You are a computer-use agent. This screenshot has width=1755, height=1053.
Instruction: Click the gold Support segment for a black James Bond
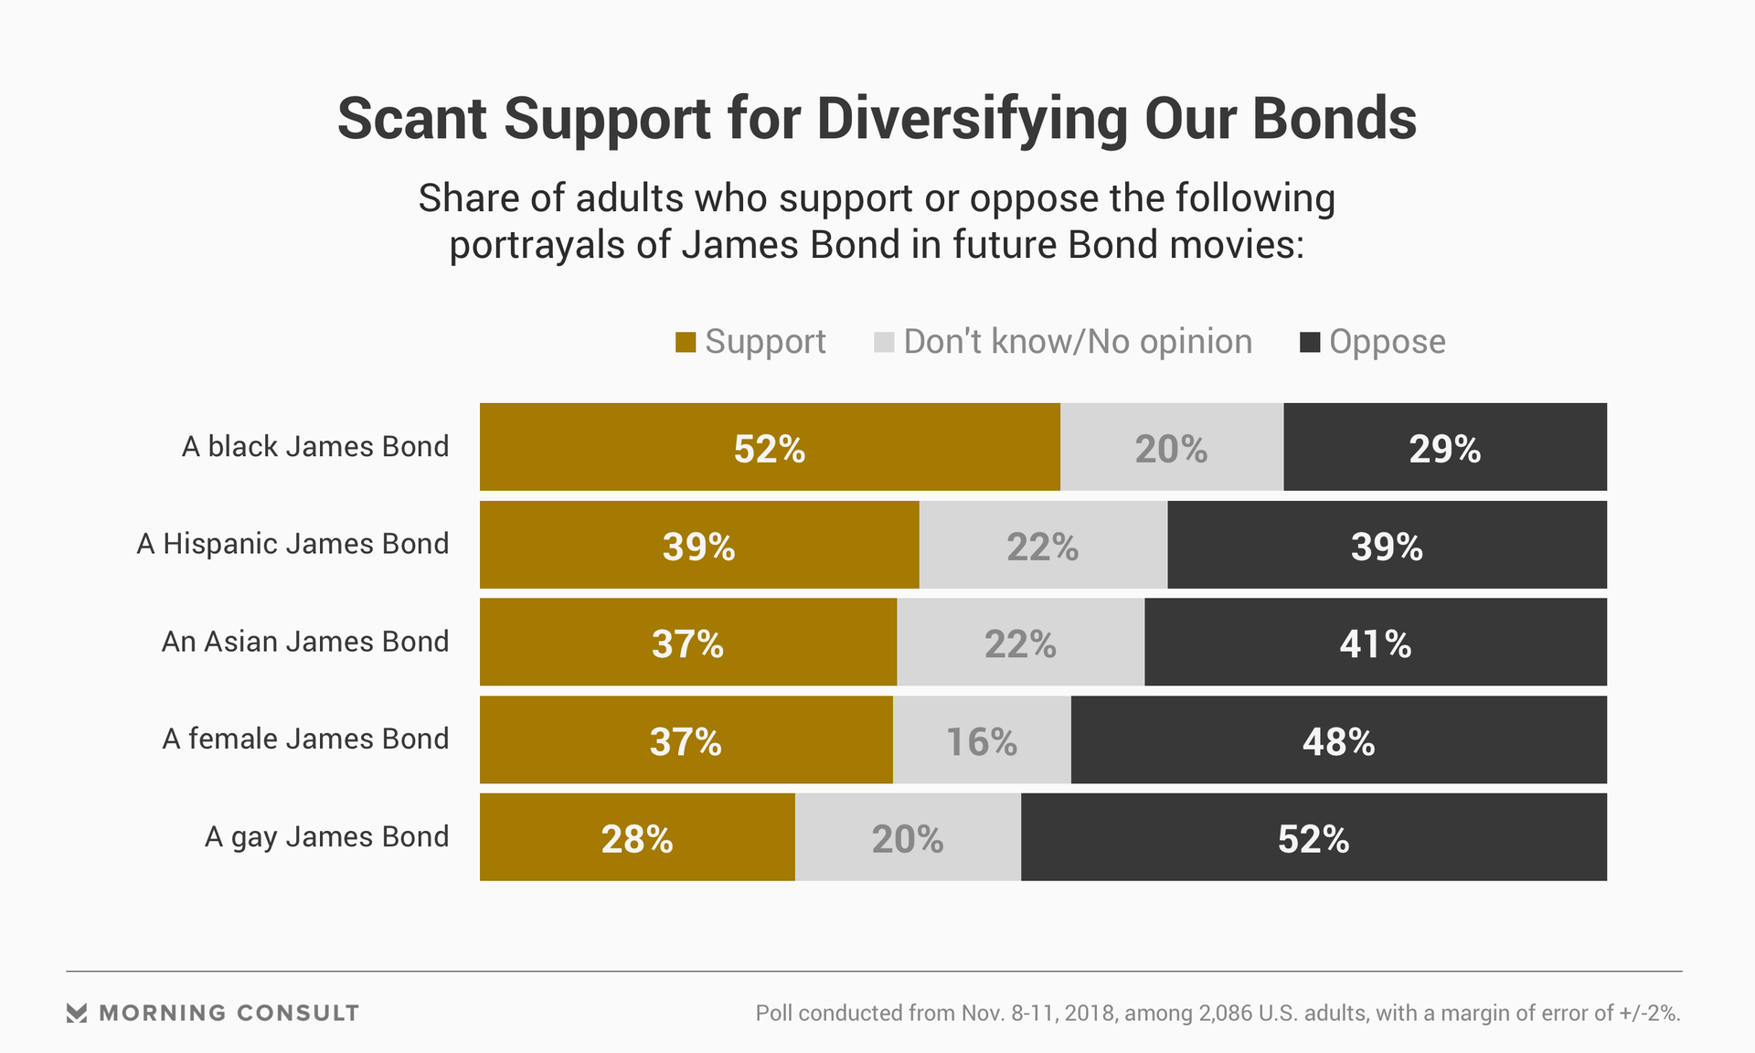pos(770,447)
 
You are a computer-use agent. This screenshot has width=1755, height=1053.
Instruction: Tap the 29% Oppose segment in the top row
pos(1444,447)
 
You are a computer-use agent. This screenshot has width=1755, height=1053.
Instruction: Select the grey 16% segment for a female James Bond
pos(982,739)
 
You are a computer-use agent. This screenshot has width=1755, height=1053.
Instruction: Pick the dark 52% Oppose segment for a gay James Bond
pos(1314,837)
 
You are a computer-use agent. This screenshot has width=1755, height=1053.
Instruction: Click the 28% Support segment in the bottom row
pos(637,837)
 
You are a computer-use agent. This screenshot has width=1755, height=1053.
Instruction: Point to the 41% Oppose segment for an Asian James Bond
pos(1375,642)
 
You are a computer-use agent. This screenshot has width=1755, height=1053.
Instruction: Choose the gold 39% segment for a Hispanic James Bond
pos(699,545)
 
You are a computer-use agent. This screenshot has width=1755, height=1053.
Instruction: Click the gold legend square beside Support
pos(686,343)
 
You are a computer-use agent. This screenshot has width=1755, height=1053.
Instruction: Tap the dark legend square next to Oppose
pos(1310,343)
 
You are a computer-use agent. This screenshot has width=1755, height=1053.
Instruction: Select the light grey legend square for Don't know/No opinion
pos(884,343)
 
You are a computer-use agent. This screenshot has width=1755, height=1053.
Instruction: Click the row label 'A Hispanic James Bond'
pos(292,544)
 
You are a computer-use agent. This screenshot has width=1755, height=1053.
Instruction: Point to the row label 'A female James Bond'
pos(305,739)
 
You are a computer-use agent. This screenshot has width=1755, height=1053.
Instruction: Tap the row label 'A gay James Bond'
pos(326,836)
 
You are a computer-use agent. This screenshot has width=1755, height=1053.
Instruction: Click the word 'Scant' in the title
pos(411,119)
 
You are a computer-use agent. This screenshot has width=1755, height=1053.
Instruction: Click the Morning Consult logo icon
pos(77,1013)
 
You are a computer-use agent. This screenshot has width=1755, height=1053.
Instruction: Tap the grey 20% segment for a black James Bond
pos(1171,447)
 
